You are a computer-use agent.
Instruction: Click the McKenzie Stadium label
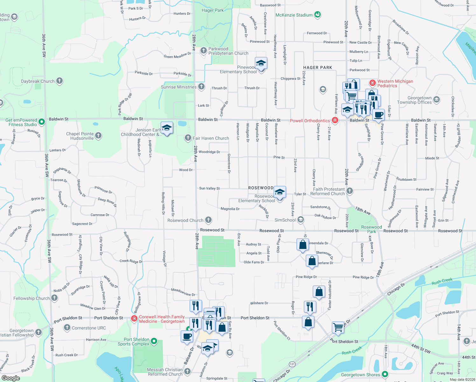294,15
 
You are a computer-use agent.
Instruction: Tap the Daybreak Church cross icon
59,81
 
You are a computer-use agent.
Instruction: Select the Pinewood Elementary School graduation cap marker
261,63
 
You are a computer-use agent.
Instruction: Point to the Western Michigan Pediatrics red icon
373,83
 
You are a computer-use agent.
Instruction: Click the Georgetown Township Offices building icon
437,100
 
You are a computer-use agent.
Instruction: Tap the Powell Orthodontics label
310,121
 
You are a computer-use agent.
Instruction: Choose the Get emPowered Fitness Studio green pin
41,122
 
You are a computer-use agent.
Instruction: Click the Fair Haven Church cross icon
188,138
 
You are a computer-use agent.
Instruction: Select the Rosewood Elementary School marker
279,192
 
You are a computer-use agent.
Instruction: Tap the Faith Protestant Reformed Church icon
350,191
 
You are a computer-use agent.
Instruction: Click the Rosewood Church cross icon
208,220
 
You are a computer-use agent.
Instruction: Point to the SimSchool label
285,220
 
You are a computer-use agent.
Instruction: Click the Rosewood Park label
371,229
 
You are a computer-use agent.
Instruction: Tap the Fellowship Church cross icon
54,298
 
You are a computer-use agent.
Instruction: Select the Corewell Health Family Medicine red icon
134,318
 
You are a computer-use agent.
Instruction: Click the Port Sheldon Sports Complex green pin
154,341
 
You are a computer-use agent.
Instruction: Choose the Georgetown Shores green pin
385,374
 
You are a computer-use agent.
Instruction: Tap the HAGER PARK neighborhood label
318,67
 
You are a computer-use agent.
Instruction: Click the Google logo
10,378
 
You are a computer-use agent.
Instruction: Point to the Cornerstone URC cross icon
67,327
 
